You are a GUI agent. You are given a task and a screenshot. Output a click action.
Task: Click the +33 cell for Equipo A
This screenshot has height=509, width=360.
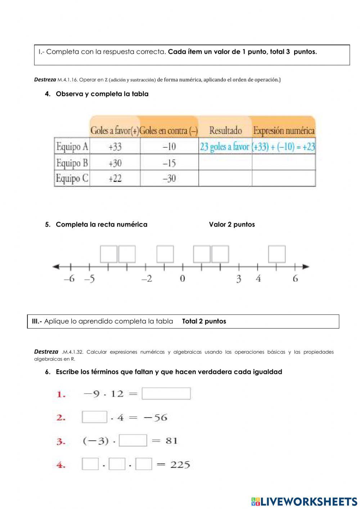coord(115,147)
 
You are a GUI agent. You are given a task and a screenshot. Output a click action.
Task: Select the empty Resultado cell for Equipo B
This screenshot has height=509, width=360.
coord(225,162)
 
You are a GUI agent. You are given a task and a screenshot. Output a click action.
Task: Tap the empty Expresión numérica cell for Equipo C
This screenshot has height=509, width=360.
coord(284,178)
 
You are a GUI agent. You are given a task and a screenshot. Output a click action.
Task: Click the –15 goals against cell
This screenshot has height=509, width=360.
coord(169,163)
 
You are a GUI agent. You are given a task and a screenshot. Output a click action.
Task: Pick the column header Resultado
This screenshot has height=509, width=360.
coord(225,130)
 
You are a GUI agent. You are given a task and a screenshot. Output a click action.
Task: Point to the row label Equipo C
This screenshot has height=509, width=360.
coord(72,178)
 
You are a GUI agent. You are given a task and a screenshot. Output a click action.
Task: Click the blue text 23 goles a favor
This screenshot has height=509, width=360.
coord(225,147)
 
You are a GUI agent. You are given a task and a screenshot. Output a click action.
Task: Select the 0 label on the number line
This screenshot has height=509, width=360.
coord(183,278)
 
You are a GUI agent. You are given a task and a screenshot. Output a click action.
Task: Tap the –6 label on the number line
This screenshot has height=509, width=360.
coord(69,278)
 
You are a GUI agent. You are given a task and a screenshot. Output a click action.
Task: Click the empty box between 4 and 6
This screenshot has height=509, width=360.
coord(277,254)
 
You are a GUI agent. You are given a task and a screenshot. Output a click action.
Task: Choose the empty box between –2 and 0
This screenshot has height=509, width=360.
coord(165,254)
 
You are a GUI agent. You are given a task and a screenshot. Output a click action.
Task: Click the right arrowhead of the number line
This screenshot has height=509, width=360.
coord(306,267)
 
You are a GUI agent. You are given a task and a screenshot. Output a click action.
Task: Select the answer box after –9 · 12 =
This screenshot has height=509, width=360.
coord(166,394)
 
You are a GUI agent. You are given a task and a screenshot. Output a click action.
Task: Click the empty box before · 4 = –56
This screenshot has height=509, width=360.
coord(94,417)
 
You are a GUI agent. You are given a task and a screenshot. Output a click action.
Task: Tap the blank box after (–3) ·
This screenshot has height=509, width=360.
coord(133,441)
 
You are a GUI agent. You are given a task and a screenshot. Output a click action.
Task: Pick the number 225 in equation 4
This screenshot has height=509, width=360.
coord(180,465)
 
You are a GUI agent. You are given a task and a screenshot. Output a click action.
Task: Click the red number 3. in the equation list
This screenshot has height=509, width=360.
coord(61,442)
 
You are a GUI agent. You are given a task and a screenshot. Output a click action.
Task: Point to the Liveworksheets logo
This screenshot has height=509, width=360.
coord(304,501)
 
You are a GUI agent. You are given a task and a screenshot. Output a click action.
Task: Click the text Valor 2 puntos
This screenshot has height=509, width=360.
coord(232,224)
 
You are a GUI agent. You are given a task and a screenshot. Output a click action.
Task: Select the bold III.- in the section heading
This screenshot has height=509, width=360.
coord(37,321)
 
